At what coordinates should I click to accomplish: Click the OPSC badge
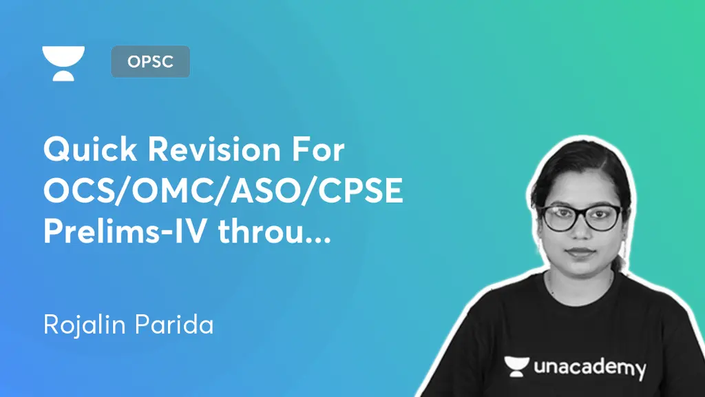point(150,61)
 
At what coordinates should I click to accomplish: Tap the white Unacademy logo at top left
point(63,63)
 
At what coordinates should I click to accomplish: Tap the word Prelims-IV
point(126,230)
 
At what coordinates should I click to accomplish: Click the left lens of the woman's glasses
point(560,218)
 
